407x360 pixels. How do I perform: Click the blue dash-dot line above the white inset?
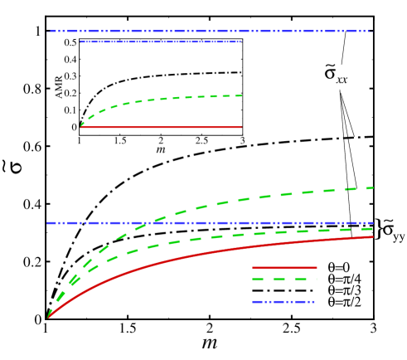207,32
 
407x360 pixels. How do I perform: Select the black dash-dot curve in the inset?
166,75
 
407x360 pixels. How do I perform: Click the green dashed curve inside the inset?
166,98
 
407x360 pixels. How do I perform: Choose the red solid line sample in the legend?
284,267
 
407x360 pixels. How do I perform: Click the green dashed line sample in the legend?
284,280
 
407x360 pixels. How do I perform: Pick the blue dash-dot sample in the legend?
284,302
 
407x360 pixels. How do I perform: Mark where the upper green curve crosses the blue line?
146,223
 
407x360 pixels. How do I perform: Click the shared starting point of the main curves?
48,318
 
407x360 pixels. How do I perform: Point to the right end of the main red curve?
373,236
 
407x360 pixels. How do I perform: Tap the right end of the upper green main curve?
373,187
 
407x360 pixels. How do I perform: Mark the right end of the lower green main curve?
373,228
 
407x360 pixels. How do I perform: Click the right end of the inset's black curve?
241,72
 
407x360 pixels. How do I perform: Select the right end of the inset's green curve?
241,95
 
